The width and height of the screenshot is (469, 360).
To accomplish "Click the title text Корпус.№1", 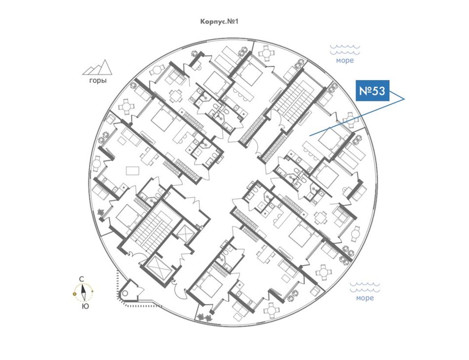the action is pyautogui.click(x=219, y=22).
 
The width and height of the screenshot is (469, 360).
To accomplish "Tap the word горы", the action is pyautogui.click(x=98, y=81).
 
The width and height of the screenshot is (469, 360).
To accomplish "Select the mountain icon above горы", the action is pyautogui.click(x=97, y=67).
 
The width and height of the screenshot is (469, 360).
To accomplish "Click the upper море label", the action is pyautogui.click(x=345, y=60).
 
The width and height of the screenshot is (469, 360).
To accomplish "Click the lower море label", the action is pyautogui.click(x=365, y=298).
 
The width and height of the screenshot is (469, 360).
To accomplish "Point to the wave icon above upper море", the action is pyautogui.click(x=345, y=50).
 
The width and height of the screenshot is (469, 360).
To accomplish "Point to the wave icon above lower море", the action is pyautogui.click(x=365, y=287).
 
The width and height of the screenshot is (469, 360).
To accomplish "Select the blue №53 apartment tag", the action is pyautogui.click(x=372, y=90).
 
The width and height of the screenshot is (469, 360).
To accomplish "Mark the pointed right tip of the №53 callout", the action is pyautogui.click(x=405, y=99).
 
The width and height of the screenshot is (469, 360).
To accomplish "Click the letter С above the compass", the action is pyautogui.click(x=81, y=279).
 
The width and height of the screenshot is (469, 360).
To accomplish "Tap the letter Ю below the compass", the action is pyautogui.click(x=85, y=306).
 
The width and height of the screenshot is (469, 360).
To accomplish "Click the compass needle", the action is pyautogui.click(x=84, y=292).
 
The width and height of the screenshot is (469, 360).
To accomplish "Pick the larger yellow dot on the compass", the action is pyautogui.click(x=75, y=294).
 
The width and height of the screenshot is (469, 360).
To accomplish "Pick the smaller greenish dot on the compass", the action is pyautogui.click(x=92, y=291).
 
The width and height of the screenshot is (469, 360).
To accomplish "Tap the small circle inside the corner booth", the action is pyautogui.click(x=125, y=293).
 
